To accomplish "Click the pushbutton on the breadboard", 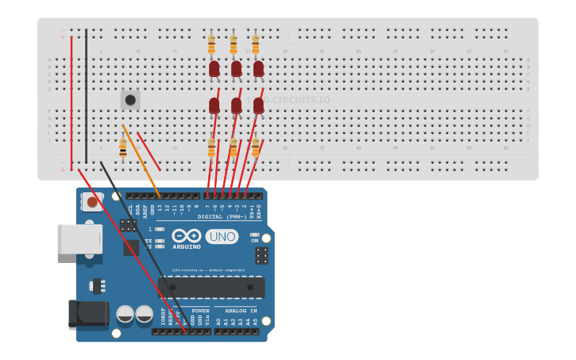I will pos(130,100).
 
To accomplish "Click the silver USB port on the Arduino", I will pos(79,238).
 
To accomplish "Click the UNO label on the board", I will pos(222,236).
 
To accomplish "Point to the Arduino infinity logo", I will pos(186,236).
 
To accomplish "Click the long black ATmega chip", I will pos(211,287).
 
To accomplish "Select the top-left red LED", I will pos(214,69).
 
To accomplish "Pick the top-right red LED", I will pos(258,69).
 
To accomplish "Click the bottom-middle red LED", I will pos(236,105).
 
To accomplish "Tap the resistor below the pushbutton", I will pos(122,148).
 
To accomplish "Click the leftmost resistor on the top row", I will pos(211,44).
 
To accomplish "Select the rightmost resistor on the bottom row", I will pos(255,147).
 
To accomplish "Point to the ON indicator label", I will pos(254,240).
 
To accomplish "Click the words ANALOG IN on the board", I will pos(240,311).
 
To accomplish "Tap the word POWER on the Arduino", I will pos(200,311).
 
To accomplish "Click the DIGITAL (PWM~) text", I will pos(222,216).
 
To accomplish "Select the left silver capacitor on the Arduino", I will pos(126,314).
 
